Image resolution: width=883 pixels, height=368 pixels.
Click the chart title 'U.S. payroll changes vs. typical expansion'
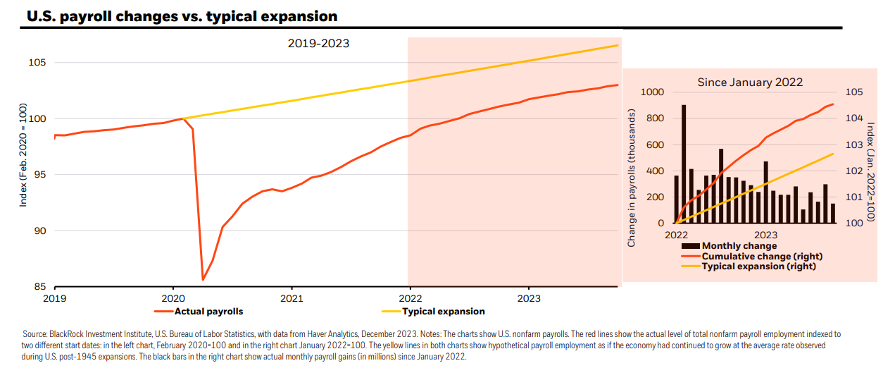(x=182, y=16)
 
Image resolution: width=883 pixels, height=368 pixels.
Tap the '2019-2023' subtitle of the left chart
(x=318, y=44)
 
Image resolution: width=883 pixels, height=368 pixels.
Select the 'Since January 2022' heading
(x=750, y=82)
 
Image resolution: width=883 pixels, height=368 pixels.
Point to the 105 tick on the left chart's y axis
(x=37, y=62)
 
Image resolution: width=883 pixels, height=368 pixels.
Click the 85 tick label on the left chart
(x=40, y=287)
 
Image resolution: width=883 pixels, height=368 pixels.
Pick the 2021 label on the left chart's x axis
(x=292, y=298)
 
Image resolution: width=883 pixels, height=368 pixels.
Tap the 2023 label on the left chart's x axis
(x=529, y=298)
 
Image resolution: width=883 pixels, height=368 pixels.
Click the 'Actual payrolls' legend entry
(x=199, y=312)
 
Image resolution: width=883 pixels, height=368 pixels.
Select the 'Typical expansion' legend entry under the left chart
(x=433, y=312)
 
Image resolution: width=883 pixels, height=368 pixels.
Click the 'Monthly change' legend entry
(x=729, y=246)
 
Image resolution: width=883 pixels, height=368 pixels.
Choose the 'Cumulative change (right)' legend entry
(x=752, y=256)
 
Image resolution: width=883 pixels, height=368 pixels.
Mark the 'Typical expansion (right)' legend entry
(x=749, y=266)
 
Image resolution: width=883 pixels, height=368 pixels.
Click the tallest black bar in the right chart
(x=684, y=164)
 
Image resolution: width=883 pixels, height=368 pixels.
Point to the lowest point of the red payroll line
(x=203, y=280)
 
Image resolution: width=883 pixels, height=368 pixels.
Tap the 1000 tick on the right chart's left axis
(x=652, y=92)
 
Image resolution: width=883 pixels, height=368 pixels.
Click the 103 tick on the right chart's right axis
(x=854, y=145)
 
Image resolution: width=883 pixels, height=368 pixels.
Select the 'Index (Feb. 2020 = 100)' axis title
(x=23, y=155)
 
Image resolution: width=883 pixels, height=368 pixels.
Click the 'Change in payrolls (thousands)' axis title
(x=632, y=178)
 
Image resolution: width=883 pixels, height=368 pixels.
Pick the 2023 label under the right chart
(x=766, y=235)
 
